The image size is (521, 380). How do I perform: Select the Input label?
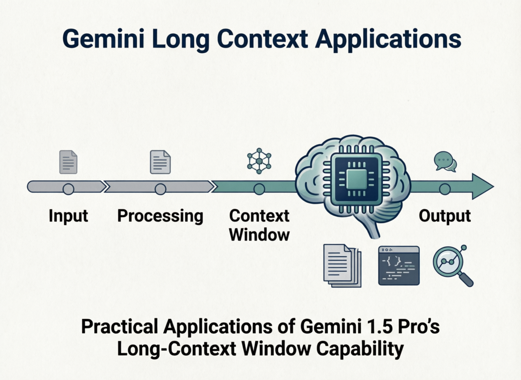68,216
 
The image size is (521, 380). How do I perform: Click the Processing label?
160,216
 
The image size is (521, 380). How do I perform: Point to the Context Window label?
260,225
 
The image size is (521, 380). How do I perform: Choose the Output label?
445,216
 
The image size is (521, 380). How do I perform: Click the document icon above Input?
68,162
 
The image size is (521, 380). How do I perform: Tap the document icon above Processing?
160,162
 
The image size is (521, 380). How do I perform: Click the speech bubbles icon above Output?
445,161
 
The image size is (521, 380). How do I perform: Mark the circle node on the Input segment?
68,189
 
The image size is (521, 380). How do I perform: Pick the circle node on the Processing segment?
160,189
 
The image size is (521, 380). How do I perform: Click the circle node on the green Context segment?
259,189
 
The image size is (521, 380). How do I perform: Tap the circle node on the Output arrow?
445,189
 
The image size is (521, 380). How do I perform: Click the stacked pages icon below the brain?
342,265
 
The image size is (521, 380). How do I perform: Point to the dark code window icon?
399,265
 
